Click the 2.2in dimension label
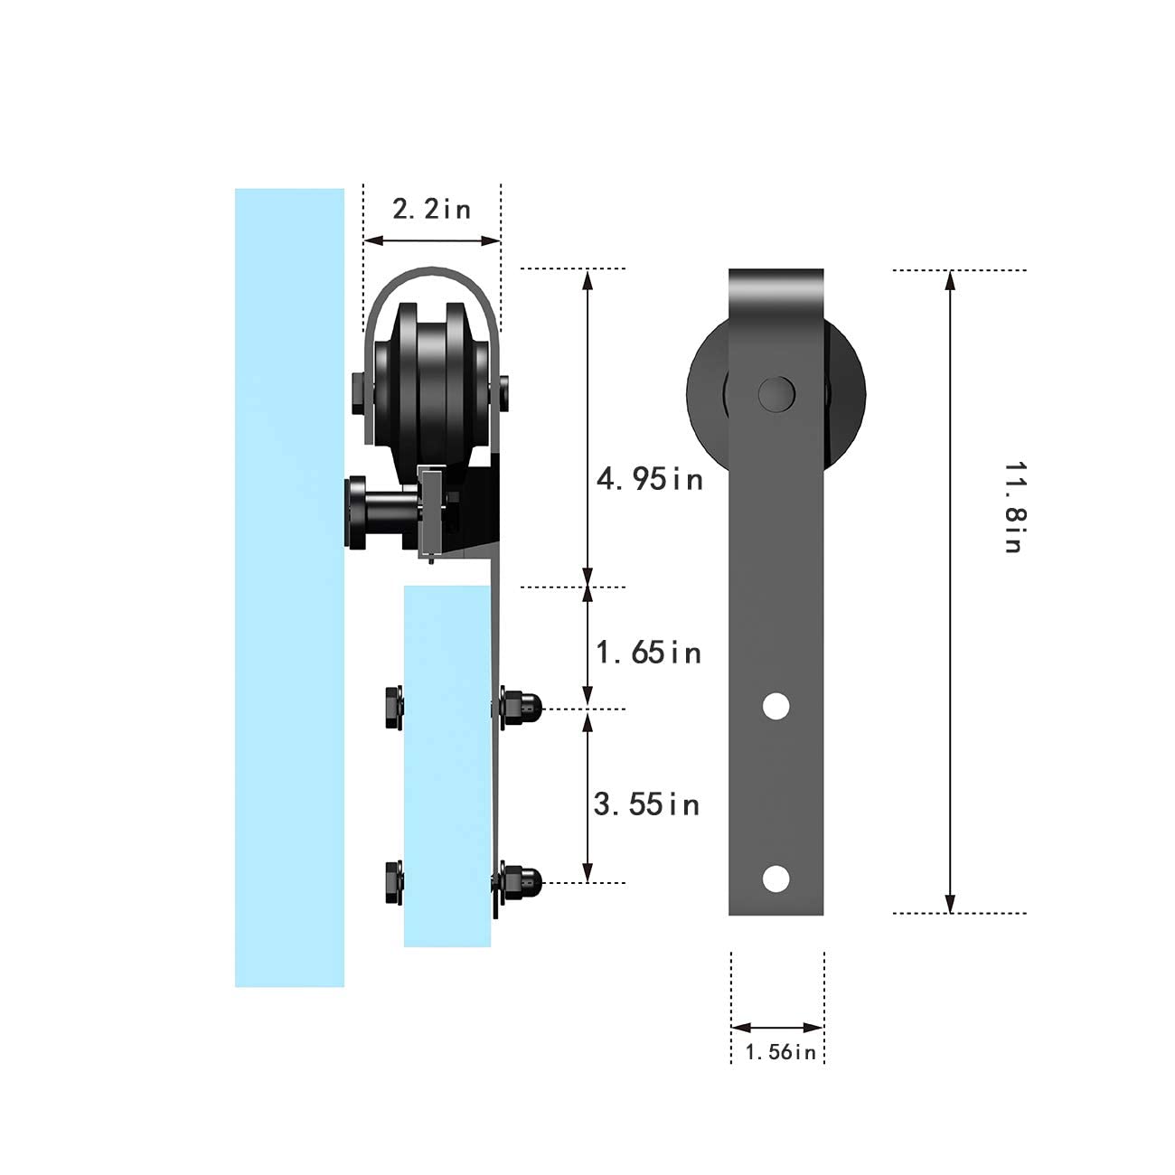click(432, 209)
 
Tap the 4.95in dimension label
click(649, 479)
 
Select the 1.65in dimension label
click(648, 653)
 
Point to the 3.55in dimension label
click(646, 804)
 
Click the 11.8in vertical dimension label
click(1015, 507)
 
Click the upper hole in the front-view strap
click(776, 706)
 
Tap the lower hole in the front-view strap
click(776, 878)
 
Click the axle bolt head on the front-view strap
click(776, 394)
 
